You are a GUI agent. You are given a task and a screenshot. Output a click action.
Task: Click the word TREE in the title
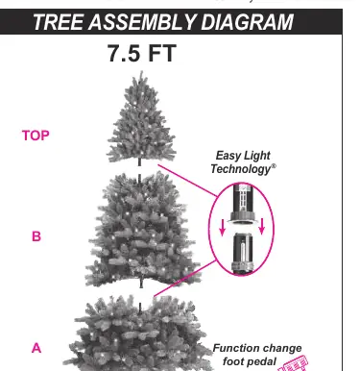(59, 22)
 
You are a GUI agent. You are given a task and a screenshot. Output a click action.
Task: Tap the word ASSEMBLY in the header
(142, 22)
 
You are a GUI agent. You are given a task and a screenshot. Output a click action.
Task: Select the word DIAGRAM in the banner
(247, 22)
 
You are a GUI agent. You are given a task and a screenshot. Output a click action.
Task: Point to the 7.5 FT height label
(142, 53)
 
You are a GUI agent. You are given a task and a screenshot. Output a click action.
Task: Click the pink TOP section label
(36, 136)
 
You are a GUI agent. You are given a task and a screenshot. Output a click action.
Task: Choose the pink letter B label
(36, 236)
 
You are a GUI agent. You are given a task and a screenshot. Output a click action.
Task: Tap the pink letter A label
(36, 348)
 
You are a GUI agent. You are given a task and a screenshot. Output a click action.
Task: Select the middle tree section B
(141, 229)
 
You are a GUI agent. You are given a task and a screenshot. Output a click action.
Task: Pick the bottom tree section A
(141, 334)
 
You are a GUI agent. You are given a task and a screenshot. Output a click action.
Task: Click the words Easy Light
(243, 156)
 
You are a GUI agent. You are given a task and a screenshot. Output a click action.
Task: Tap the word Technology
(241, 169)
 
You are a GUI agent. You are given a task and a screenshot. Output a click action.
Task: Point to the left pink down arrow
(223, 227)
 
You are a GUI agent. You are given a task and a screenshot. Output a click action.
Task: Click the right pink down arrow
(262, 226)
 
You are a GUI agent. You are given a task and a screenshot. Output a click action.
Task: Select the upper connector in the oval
(243, 204)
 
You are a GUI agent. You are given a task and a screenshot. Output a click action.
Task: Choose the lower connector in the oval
(242, 254)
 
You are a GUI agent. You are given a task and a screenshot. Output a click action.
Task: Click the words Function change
(257, 348)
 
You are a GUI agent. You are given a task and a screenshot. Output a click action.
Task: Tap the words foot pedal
(250, 361)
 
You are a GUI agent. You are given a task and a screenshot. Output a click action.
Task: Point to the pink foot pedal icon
(294, 364)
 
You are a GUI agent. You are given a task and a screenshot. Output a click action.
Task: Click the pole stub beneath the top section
(139, 161)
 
